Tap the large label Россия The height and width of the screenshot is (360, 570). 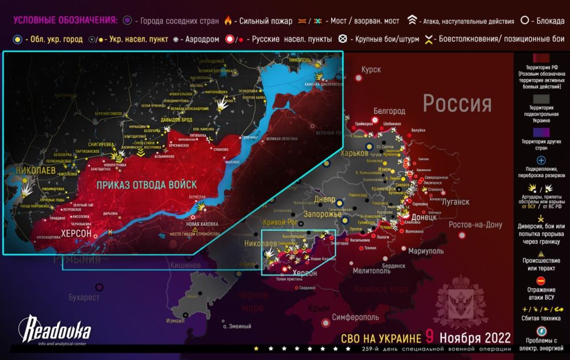pos(457,104)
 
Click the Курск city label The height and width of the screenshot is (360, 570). pos(370,69)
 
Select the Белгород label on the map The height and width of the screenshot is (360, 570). pos(389,111)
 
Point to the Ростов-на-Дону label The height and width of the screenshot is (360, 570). pos(475,224)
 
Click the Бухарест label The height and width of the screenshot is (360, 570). pos(84,297)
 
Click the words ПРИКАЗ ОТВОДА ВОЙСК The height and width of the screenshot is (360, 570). pos(146,185)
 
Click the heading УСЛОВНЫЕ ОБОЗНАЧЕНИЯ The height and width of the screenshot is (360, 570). pos(65,21)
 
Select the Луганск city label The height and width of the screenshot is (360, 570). pos(455,202)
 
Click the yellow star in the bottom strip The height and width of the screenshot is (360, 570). pos(256,348)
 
